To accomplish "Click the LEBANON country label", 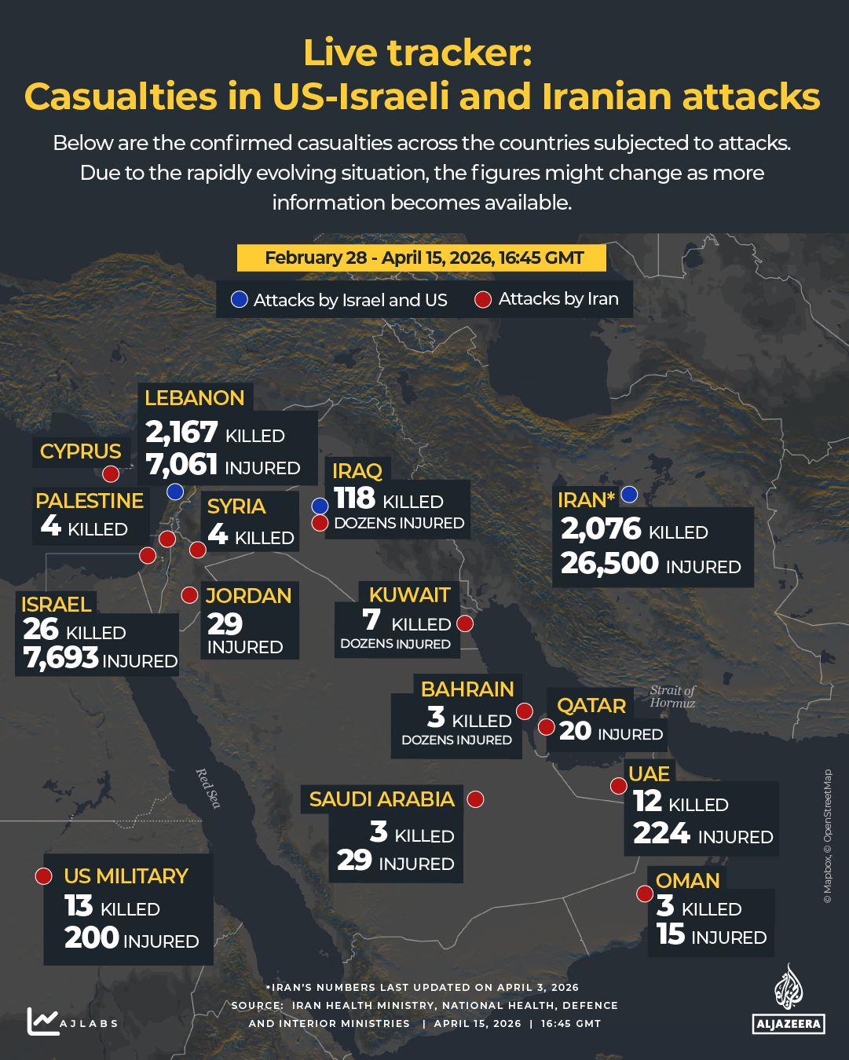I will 194,398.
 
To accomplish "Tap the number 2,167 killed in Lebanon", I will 181,432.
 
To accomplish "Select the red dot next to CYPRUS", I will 111,473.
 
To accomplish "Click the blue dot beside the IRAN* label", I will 629,494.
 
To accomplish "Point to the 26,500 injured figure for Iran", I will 609,563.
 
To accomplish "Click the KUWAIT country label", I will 409,595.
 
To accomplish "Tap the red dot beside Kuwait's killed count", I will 465,624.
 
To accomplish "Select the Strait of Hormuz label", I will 672,696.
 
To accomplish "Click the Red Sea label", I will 208,788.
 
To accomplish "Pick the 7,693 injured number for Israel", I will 61,658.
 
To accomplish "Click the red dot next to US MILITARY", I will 44,876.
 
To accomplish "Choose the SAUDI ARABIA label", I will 382,799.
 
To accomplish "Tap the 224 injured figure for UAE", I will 661,833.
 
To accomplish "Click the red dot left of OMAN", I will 645,894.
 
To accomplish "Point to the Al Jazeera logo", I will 789,999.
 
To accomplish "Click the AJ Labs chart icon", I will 42,1021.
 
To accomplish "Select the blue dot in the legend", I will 240,300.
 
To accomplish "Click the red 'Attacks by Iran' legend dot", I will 484,300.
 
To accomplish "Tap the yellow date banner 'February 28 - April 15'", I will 423,258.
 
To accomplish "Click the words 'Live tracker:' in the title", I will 418,53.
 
